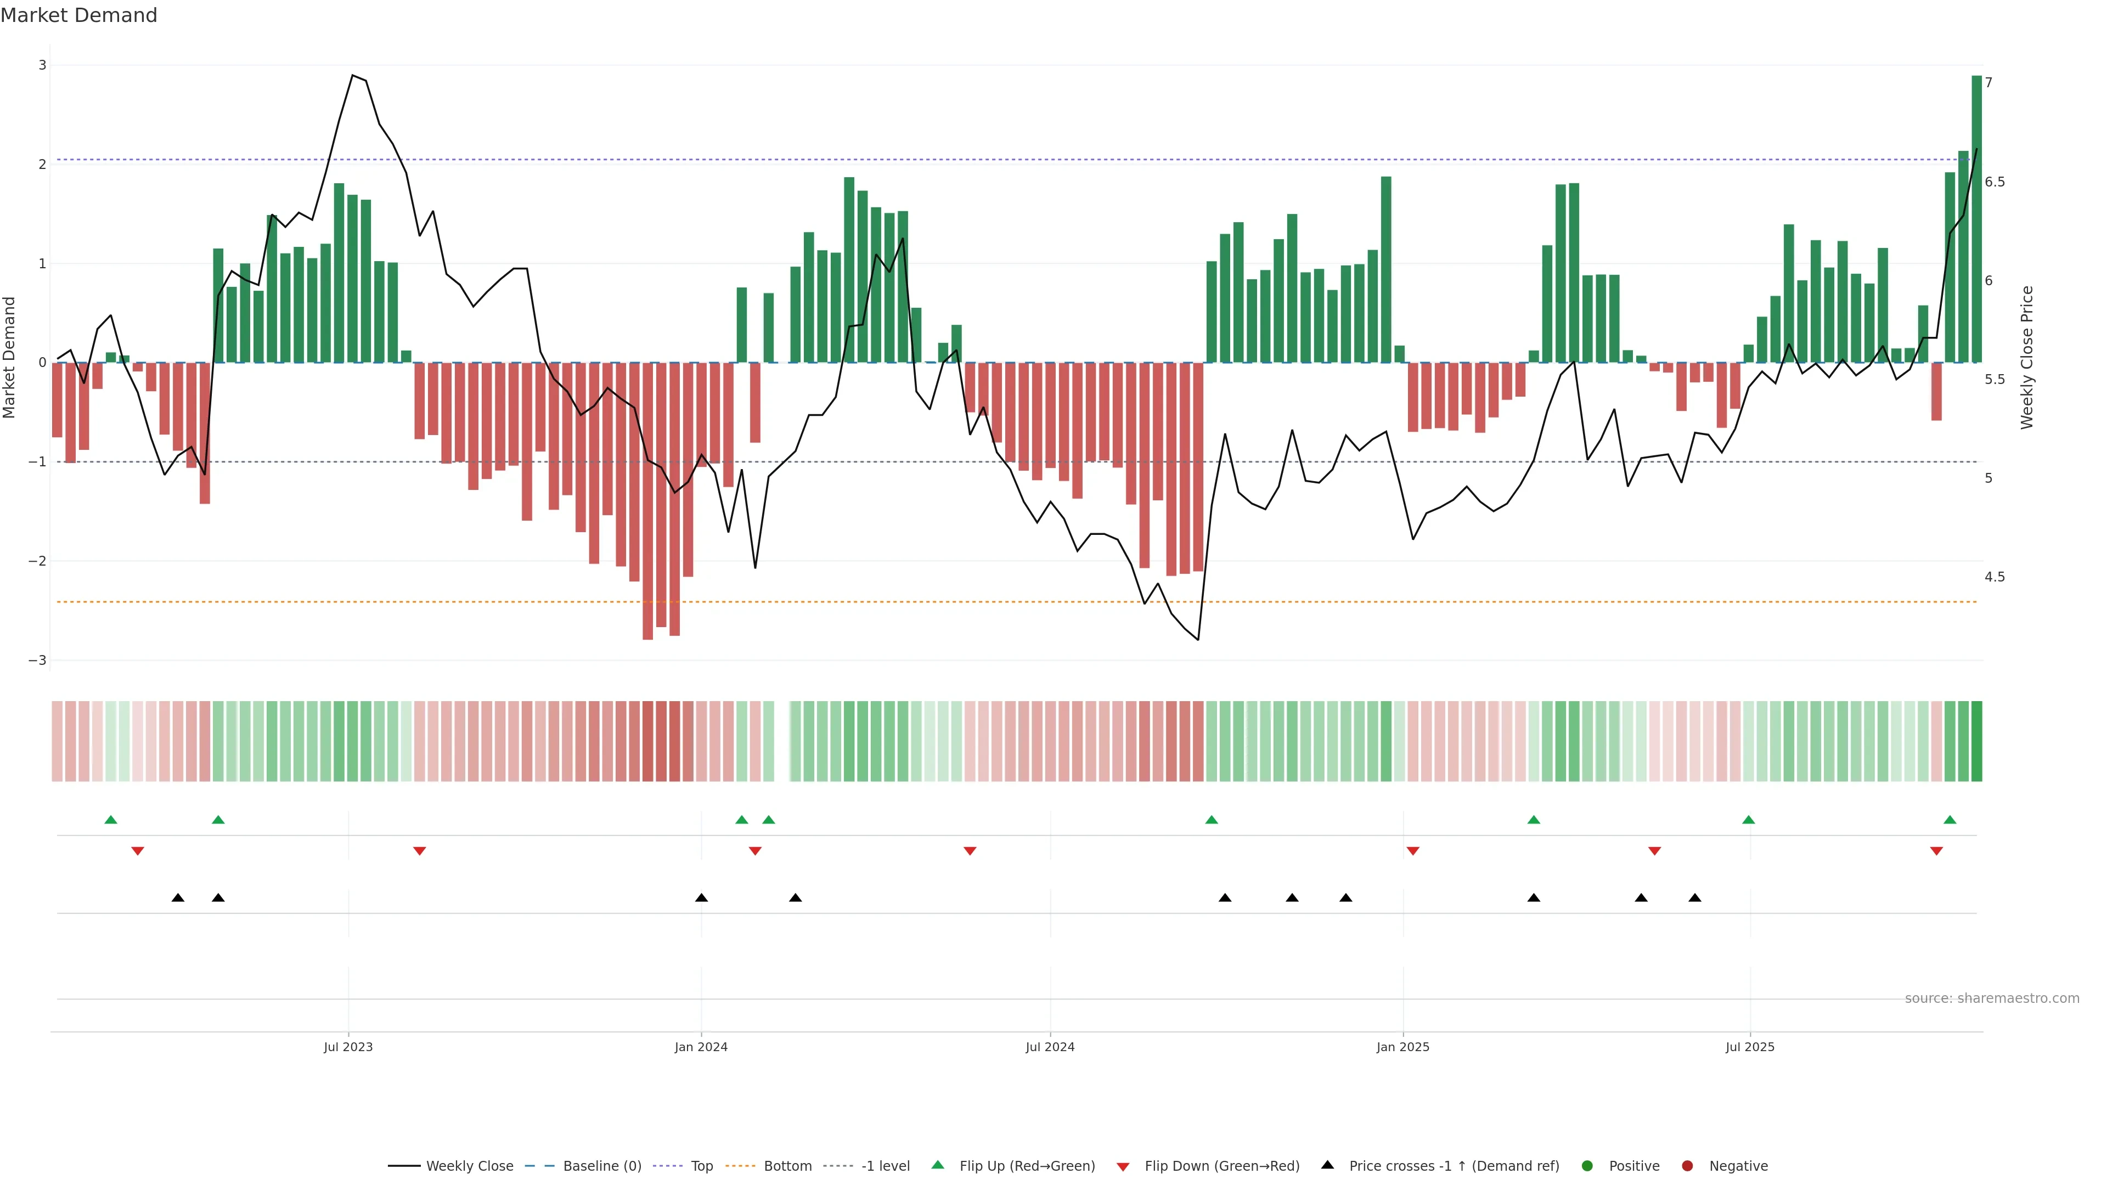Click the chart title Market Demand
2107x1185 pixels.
78,15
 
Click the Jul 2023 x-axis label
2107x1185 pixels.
348,1047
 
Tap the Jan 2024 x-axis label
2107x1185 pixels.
701,1047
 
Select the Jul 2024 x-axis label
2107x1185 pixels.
1050,1047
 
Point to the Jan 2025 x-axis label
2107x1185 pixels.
1403,1047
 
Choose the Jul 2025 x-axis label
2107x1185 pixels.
1750,1047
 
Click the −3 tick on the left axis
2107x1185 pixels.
38,660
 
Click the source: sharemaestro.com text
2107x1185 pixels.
1992,998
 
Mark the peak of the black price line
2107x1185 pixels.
352,75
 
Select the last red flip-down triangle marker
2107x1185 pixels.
1936,851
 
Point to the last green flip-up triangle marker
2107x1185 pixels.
1950,820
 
